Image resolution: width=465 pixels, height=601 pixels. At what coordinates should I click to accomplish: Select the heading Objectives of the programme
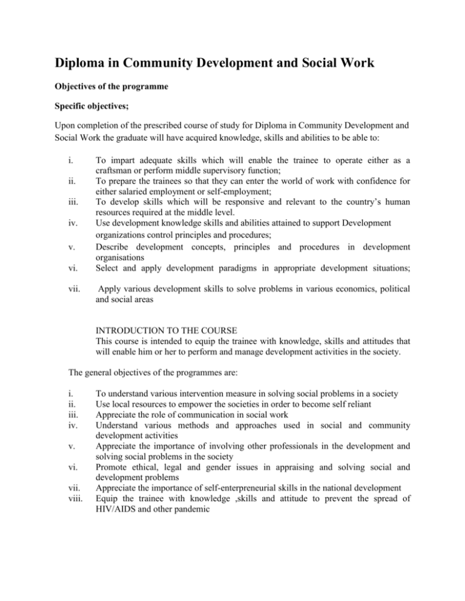pyautogui.click(x=119, y=86)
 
